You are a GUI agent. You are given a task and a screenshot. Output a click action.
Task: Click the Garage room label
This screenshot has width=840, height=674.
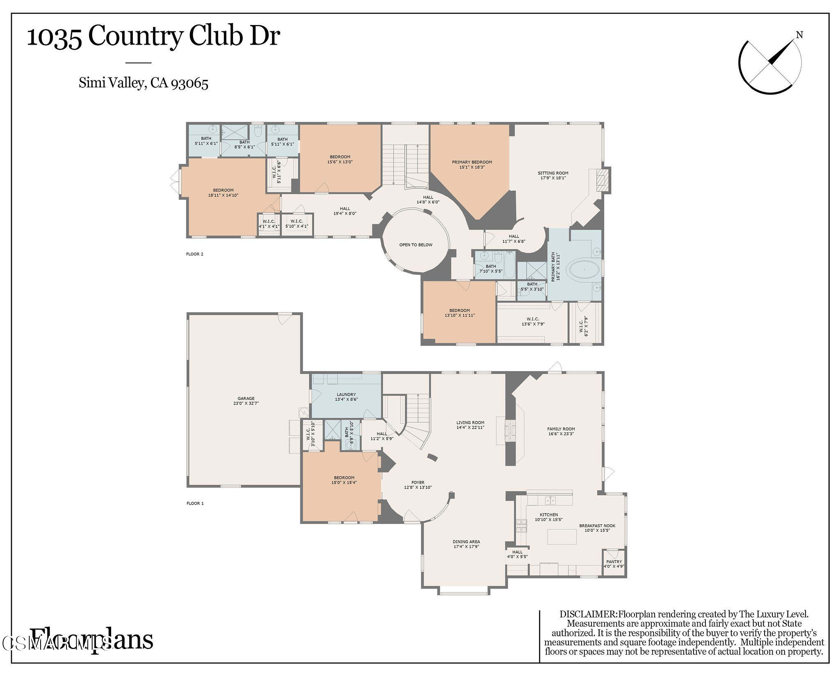[246, 398]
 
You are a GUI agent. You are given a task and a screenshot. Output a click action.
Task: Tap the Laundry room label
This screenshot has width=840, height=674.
[346, 395]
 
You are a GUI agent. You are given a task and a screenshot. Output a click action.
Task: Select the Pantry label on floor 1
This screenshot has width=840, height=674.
[614, 562]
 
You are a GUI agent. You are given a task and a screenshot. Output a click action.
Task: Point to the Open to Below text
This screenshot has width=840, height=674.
[415, 245]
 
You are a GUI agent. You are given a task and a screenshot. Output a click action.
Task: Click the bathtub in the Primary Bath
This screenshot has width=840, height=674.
[584, 270]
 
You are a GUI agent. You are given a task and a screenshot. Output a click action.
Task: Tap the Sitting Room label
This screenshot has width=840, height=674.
[553, 173]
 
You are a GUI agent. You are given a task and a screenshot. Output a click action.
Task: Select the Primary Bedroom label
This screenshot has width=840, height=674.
[472, 162]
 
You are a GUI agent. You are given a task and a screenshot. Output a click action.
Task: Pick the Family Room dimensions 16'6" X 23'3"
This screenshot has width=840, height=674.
[561, 433]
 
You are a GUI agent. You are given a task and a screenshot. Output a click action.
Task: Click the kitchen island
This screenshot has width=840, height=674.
[562, 536]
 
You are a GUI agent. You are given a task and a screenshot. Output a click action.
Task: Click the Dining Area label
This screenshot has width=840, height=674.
[466, 541]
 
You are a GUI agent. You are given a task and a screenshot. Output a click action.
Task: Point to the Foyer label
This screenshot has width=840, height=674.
[418, 482]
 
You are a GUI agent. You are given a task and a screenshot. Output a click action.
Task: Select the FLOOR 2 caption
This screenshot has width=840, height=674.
[195, 254]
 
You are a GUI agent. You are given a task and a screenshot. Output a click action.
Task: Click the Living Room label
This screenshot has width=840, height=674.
[470, 423]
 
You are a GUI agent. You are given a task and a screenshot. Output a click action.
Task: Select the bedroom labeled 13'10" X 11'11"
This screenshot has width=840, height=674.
[459, 313]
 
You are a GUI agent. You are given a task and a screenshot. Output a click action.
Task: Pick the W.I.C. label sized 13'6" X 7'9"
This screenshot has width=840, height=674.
[533, 319]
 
